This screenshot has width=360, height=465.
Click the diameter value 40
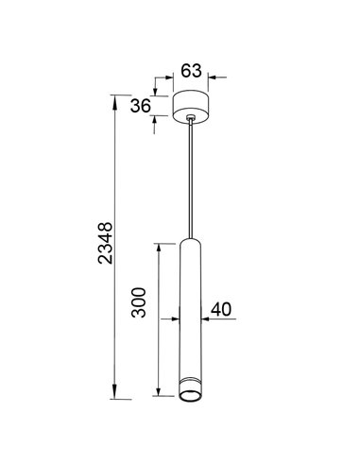pos(223,308)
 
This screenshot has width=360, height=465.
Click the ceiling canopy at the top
pos(193,104)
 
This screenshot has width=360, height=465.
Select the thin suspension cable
pos(193,180)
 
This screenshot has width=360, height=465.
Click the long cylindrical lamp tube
pos(192,312)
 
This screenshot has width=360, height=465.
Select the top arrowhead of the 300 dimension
pos(160,244)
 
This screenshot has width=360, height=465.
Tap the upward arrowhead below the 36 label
pos(155,120)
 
